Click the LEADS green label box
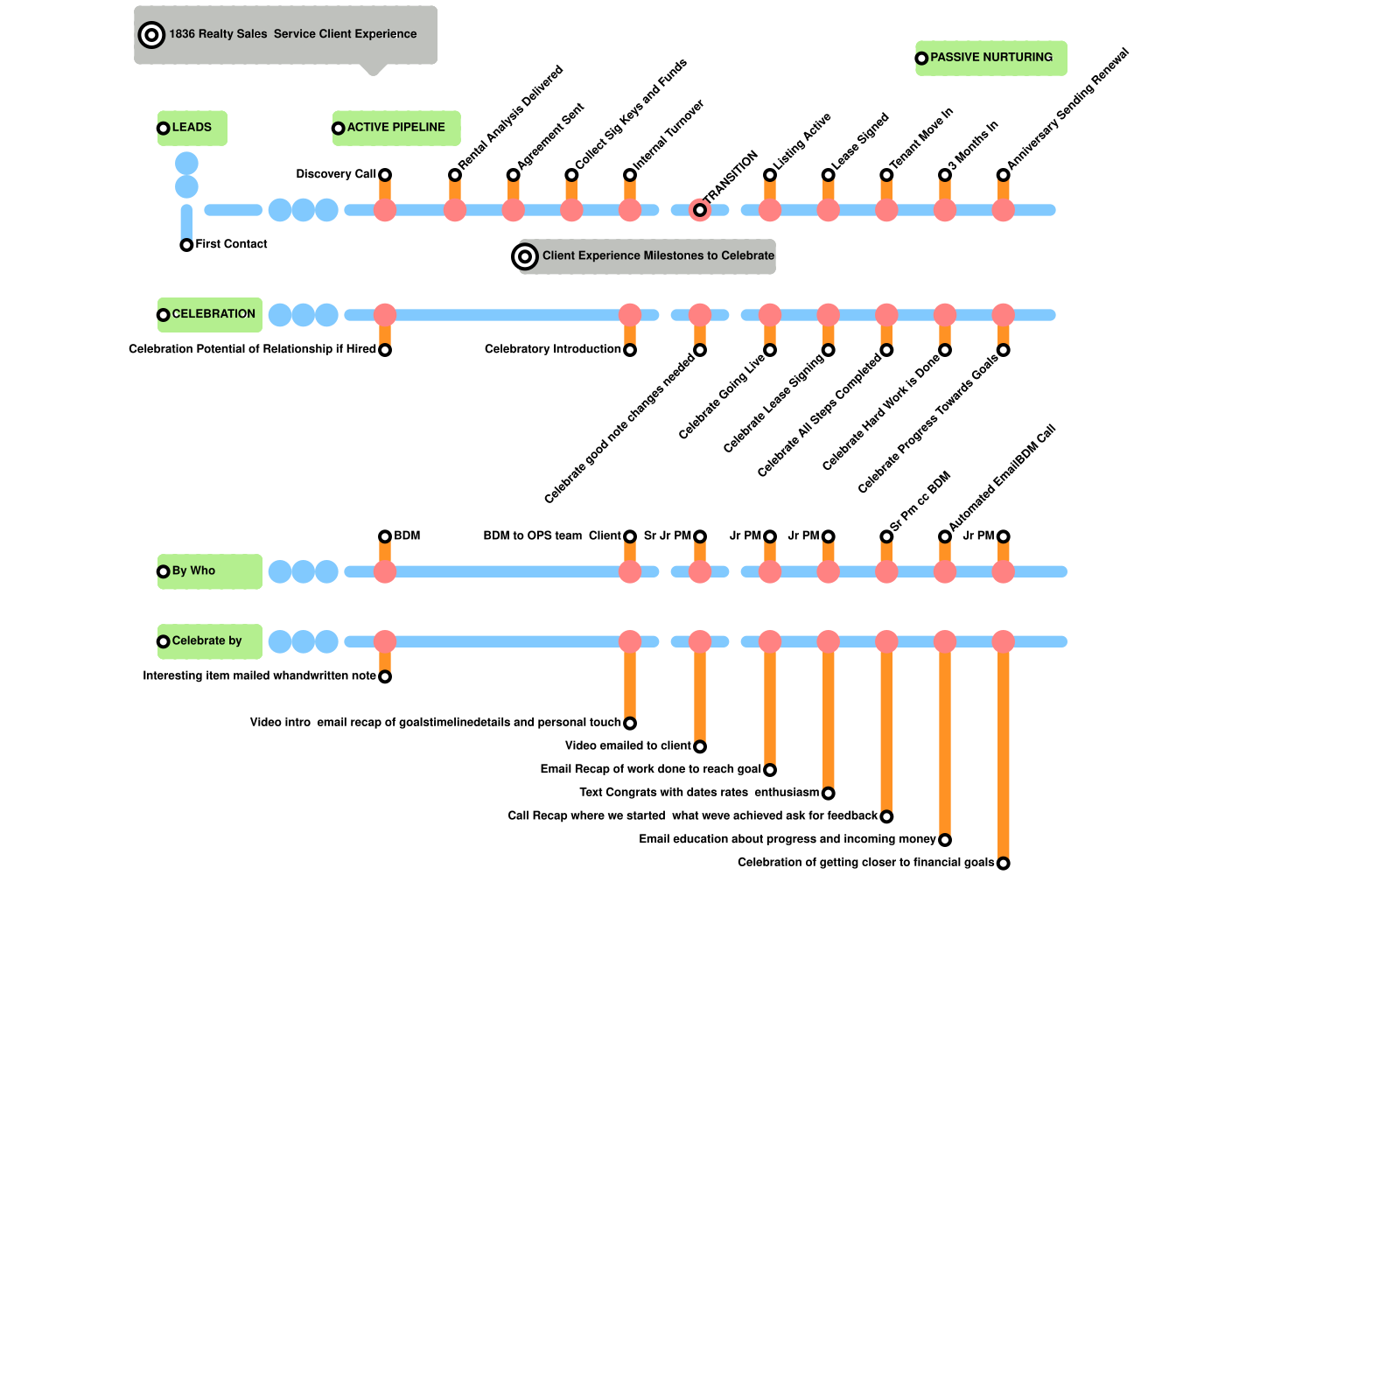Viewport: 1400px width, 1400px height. (192, 128)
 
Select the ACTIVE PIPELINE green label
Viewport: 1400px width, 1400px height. (395, 128)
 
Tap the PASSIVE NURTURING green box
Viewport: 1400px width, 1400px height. (990, 58)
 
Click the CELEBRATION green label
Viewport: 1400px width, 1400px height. (210, 314)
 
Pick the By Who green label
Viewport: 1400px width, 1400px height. (209, 571)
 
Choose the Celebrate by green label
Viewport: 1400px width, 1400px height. (209, 641)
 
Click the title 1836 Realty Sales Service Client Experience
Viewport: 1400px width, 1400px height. (292, 34)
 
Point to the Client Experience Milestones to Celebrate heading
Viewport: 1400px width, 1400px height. (657, 256)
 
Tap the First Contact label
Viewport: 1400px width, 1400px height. (231, 244)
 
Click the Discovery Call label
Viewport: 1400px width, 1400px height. (335, 174)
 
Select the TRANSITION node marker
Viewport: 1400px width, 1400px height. (700, 210)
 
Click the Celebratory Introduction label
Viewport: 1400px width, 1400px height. (552, 349)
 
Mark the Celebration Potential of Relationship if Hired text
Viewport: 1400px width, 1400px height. (252, 349)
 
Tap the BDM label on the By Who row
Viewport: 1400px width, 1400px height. (407, 535)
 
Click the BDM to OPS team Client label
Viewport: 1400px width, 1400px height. (551, 535)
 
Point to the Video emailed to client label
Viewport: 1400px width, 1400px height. (627, 745)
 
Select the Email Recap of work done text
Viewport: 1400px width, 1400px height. (650, 769)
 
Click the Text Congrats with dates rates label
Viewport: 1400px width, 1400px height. (698, 793)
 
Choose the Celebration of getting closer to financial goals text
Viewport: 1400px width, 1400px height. (865, 863)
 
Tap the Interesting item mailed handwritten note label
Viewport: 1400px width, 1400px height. (259, 675)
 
